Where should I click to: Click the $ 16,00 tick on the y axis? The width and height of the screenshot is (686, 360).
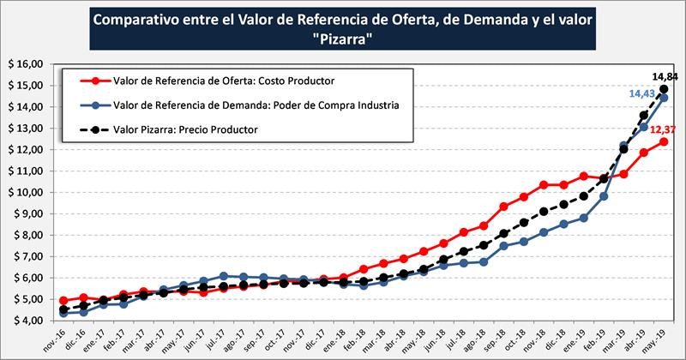(25, 64)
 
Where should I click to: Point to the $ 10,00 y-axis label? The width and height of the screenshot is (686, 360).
(25, 192)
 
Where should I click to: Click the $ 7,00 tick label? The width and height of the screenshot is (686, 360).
(27, 256)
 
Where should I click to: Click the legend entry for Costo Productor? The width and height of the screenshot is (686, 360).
(223, 81)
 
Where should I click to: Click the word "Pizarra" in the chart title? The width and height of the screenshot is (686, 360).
(343, 40)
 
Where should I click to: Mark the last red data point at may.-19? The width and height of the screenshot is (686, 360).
(664, 141)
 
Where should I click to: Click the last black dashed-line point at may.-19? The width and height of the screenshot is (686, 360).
(664, 89)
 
